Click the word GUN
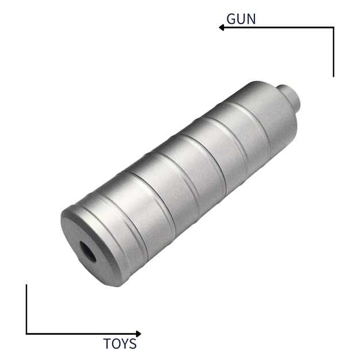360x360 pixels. tap(241, 18)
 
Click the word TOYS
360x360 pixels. tap(120, 344)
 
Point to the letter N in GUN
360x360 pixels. tap(250, 18)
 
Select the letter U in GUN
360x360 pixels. tap(241, 18)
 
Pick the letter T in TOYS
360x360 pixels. tap(107, 344)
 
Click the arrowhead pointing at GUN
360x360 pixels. tap(221, 27)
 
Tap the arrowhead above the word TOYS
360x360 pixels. tap(138, 334)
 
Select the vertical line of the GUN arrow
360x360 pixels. tap(333, 52)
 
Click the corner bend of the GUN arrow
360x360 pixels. tap(333, 27)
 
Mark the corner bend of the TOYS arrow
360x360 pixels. tap(26, 334)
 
